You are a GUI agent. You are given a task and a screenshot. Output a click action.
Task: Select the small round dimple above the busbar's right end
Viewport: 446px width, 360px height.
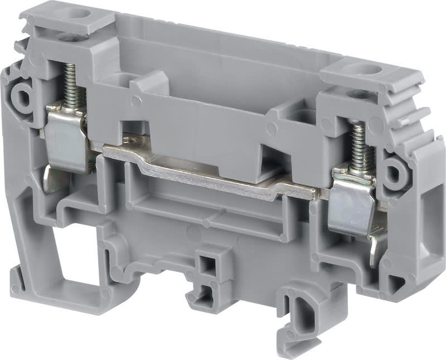(x=272, y=129)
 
